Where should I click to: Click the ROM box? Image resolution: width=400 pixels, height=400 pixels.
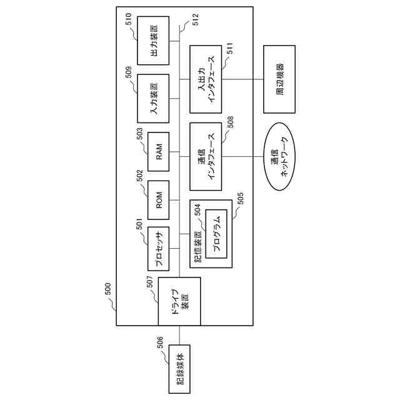coord(159,199)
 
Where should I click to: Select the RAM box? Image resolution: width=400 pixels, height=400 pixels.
coord(159,152)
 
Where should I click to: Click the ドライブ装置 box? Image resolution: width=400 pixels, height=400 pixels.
coord(179,302)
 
